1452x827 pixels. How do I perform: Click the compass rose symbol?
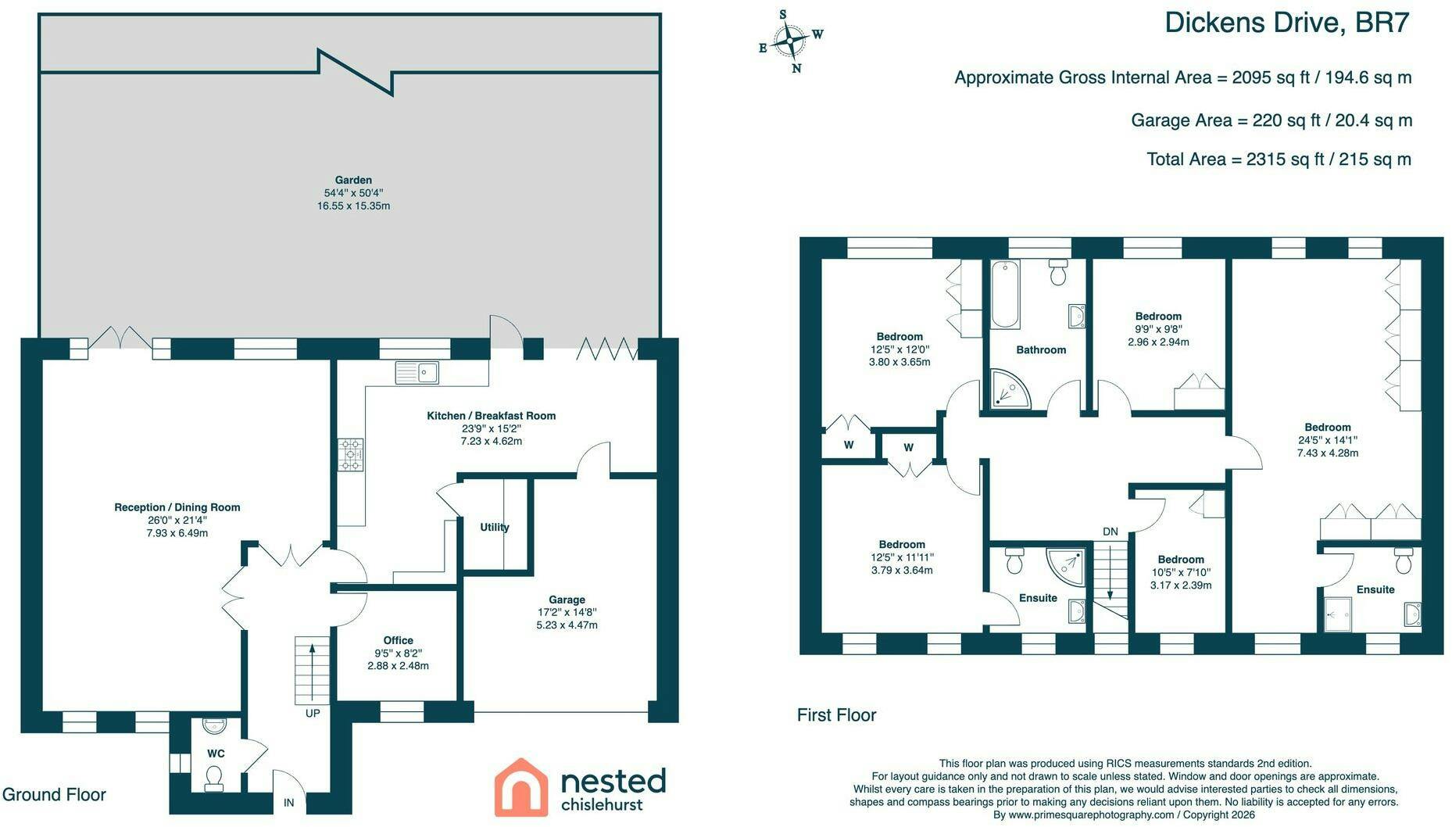point(791,41)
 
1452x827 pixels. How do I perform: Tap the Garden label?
point(353,180)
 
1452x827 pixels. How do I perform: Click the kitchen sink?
point(417,373)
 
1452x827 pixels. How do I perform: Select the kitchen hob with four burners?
point(351,454)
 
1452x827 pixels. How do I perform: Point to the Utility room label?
point(495,527)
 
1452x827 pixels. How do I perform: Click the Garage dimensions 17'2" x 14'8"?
point(567,612)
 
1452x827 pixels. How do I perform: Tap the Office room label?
point(399,640)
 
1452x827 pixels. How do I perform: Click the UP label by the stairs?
point(313,713)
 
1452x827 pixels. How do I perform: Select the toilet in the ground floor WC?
point(213,778)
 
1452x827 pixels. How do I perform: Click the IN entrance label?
point(288,803)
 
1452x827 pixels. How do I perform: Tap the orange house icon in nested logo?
point(521,786)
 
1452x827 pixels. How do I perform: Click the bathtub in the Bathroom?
point(1005,294)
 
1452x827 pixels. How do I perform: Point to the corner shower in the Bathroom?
point(1011,388)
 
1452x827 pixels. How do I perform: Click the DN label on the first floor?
point(1110,532)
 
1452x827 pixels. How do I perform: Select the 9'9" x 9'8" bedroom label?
point(1158,329)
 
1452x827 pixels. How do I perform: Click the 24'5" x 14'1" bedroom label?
point(1328,440)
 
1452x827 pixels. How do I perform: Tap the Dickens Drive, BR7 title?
point(1287,23)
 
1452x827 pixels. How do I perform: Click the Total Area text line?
point(1279,159)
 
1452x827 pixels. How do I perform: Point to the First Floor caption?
point(837,715)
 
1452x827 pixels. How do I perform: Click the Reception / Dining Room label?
point(177,507)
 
